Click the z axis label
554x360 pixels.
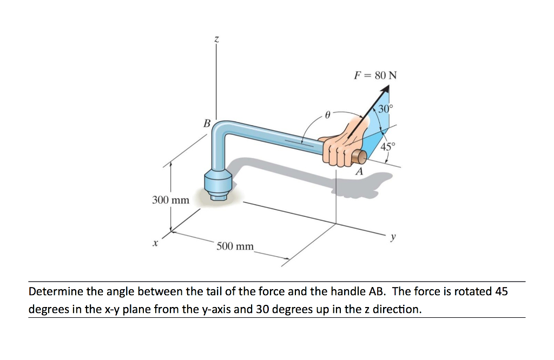(x=216, y=39)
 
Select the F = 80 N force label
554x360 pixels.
(x=375, y=75)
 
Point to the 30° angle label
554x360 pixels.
(x=386, y=109)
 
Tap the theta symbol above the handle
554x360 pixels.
(x=327, y=115)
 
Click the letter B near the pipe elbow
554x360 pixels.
(x=206, y=123)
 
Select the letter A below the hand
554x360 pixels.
(x=358, y=172)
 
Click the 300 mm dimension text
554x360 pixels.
(x=170, y=200)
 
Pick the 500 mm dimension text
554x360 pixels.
(x=235, y=246)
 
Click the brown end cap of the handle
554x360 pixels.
(x=360, y=157)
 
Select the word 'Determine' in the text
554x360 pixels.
(x=55, y=292)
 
